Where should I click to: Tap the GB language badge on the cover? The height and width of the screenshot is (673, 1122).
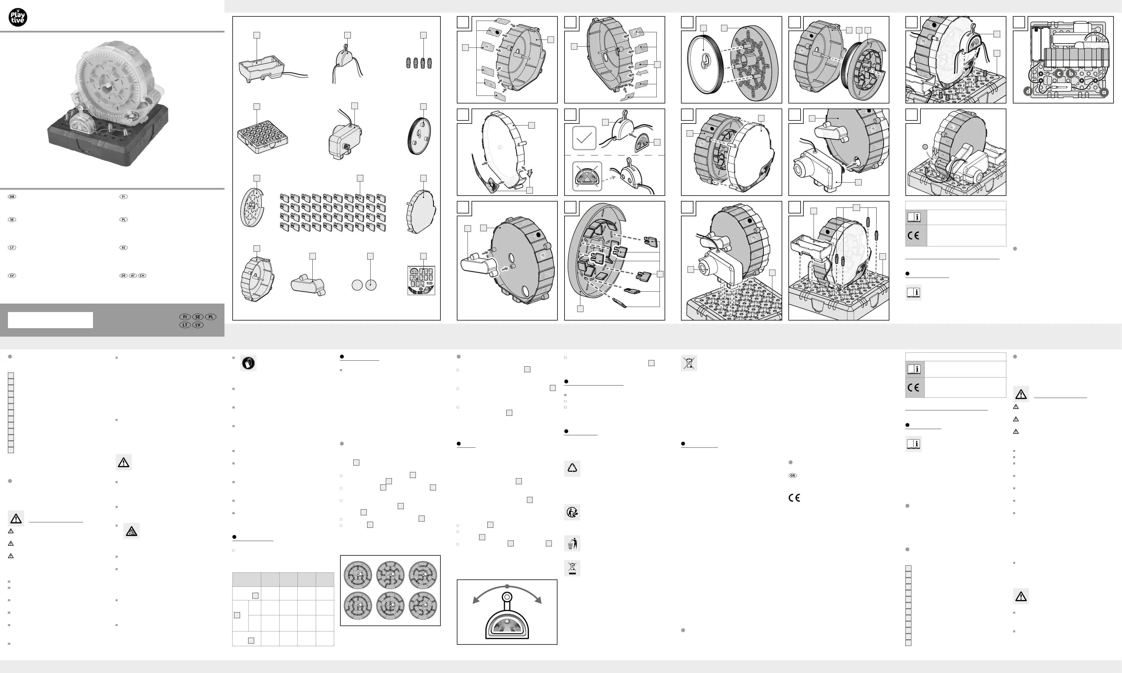point(12,197)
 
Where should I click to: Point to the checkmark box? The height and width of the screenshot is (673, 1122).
point(584,138)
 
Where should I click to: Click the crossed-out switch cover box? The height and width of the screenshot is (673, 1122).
point(587,176)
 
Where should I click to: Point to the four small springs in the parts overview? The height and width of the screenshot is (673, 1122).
point(419,62)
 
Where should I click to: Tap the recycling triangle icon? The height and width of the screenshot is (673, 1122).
point(572,468)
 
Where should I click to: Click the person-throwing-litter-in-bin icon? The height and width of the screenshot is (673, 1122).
point(572,543)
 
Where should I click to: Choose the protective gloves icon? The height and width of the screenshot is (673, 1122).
point(248,363)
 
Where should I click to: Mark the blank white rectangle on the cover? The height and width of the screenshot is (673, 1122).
point(50,320)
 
